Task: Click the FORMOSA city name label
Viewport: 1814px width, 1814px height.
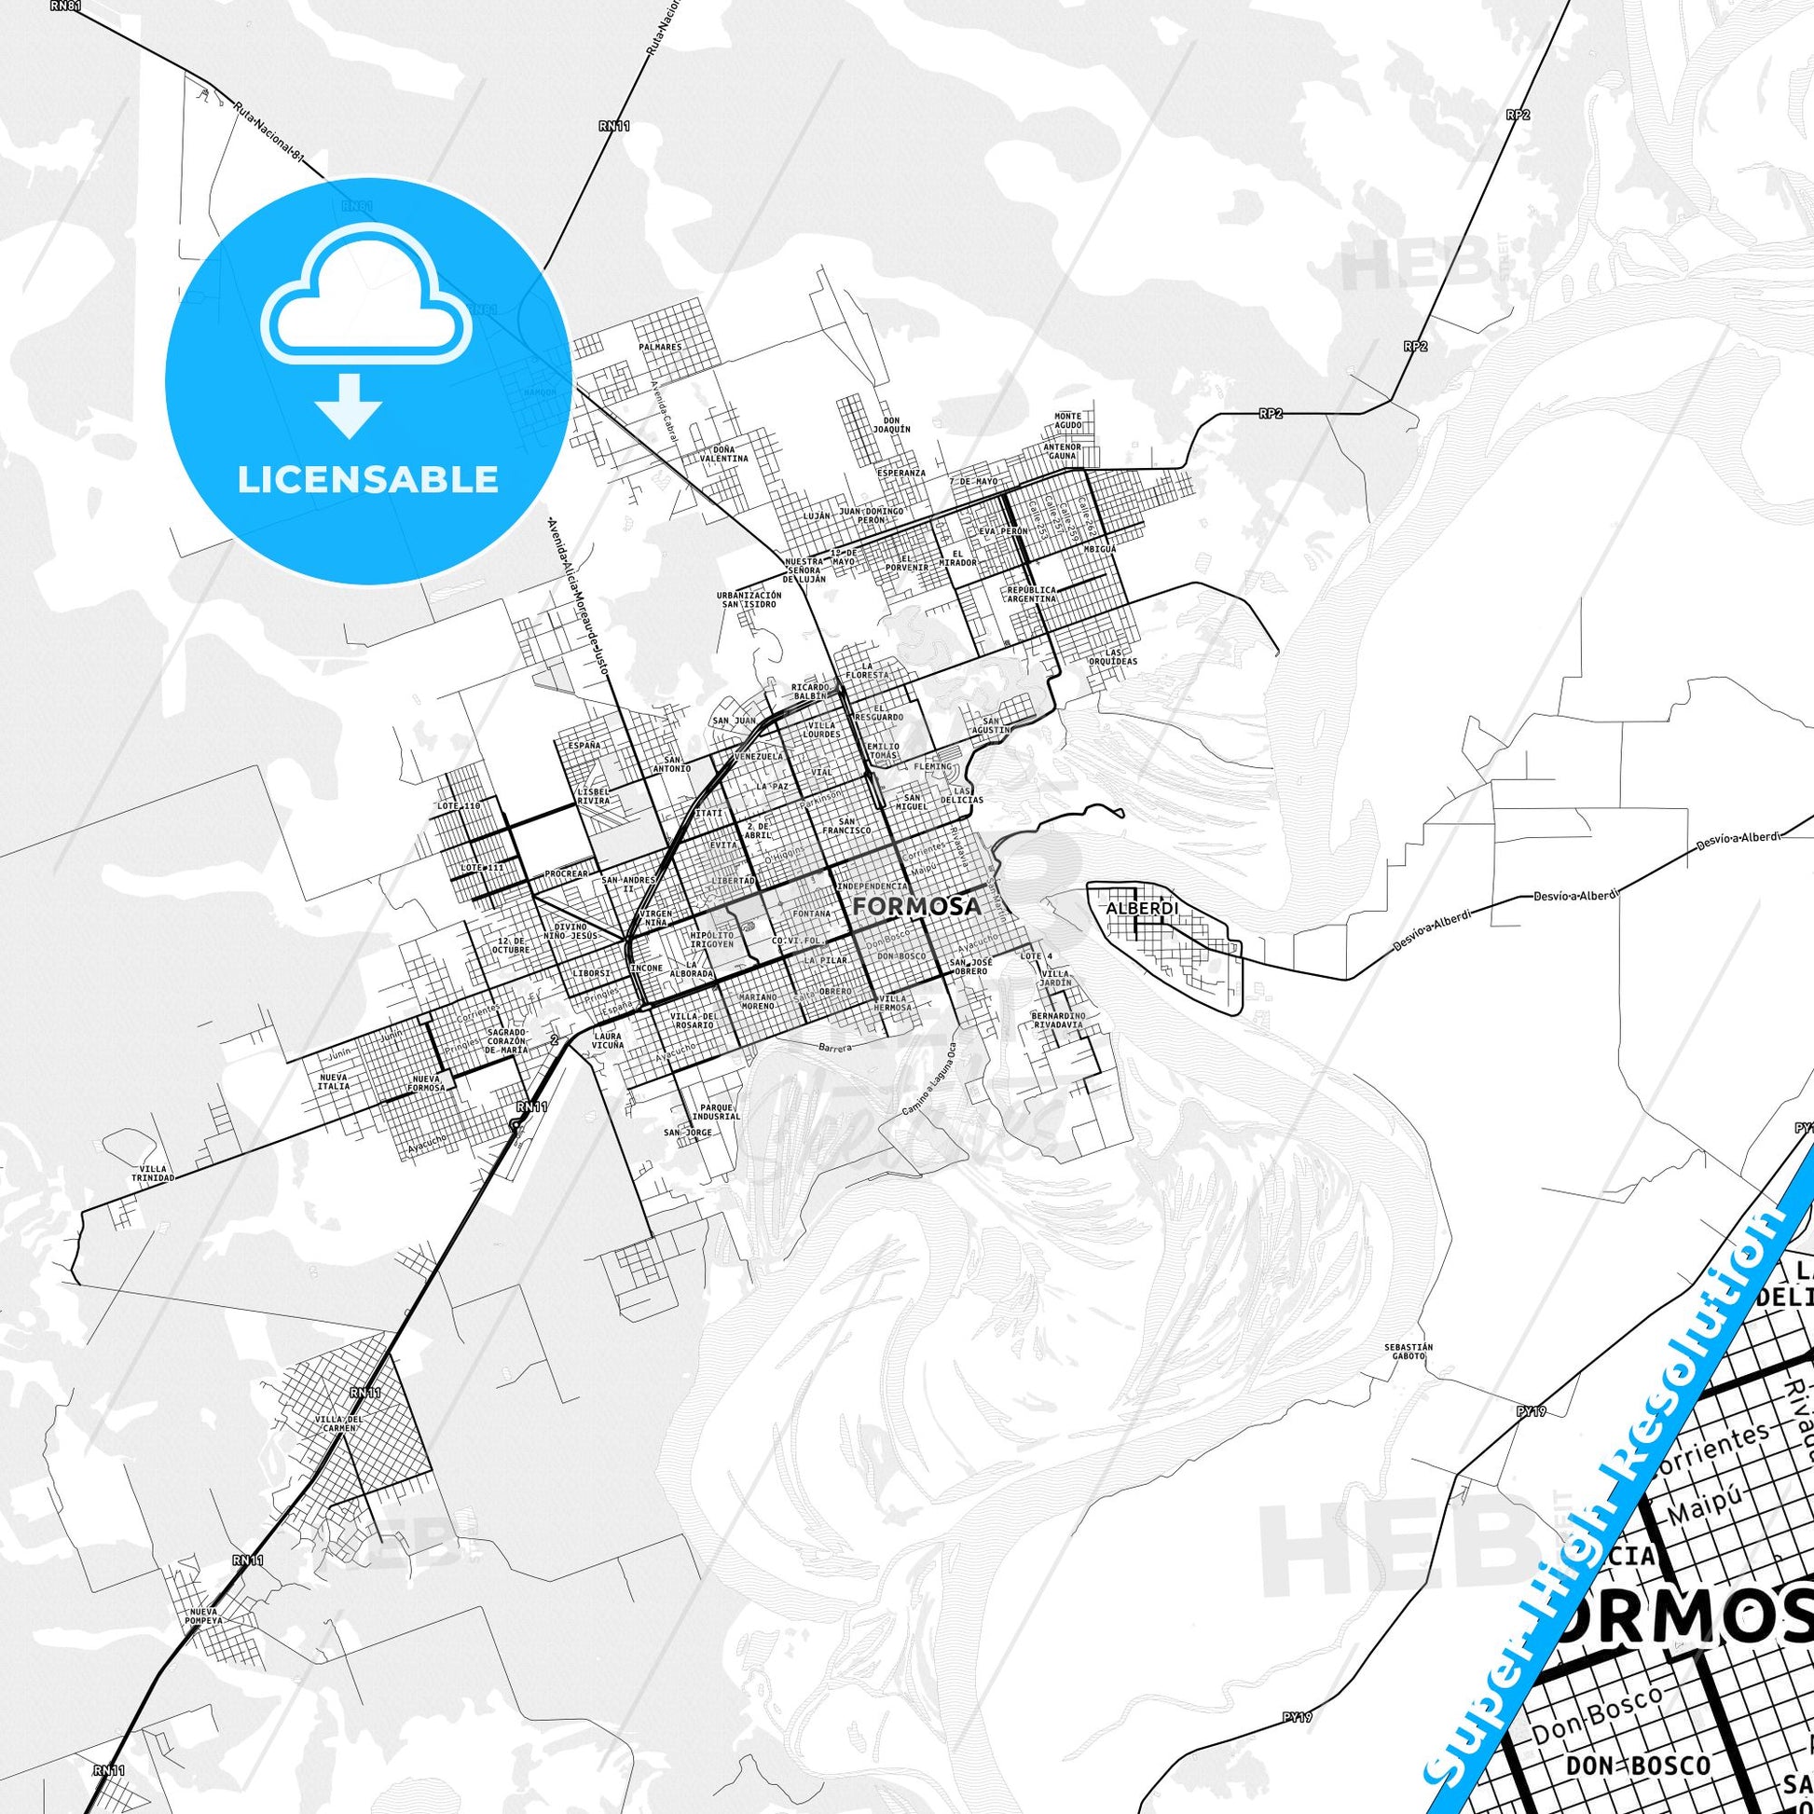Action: click(917, 907)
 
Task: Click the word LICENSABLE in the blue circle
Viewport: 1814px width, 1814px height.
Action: click(367, 480)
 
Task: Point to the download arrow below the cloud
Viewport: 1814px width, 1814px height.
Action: click(349, 405)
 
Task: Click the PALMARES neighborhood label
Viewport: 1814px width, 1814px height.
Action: click(660, 348)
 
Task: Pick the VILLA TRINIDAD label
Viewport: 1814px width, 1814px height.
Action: click(152, 1173)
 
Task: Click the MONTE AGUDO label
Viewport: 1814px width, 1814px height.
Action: click(1067, 420)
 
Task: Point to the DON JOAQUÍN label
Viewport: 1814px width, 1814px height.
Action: click(892, 424)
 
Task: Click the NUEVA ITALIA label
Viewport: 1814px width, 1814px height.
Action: click(335, 1081)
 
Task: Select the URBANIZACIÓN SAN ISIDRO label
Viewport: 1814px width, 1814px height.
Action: click(749, 599)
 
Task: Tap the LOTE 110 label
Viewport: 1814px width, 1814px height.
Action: click(459, 806)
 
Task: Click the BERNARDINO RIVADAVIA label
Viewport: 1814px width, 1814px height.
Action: click(1058, 1019)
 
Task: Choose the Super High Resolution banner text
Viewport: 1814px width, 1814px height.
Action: click(1604, 1522)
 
